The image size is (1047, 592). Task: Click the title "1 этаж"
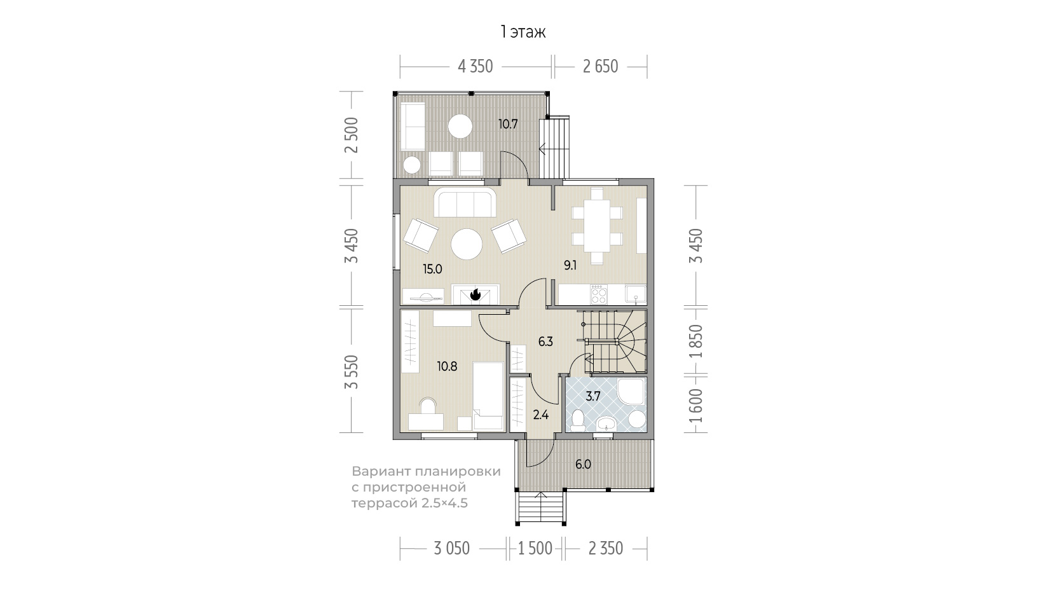pyautogui.click(x=523, y=32)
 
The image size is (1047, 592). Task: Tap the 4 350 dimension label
pyautogui.click(x=476, y=66)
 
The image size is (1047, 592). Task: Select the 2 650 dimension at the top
pyautogui.click(x=601, y=66)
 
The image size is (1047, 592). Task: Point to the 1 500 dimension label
pyautogui.click(x=535, y=548)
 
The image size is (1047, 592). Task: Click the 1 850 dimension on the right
pyautogui.click(x=696, y=341)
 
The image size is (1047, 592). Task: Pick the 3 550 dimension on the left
pyautogui.click(x=351, y=372)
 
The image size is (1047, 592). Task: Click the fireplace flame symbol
pyautogui.click(x=476, y=294)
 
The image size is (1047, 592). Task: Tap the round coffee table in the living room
pyautogui.click(x=467, y=244)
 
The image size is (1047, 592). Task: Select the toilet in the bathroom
pyautogui.click(x=578, y=420)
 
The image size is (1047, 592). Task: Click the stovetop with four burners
pyautogui.click(x=599, y=294)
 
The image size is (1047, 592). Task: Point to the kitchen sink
pyautogui.click(x=636, y=294)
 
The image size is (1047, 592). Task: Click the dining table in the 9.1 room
pyautogui.click(x=596, y=226)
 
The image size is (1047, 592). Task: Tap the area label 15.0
pyautogui.click(x=432, y=269)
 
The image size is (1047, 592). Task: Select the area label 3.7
pyautogui.click(x=593, y=397)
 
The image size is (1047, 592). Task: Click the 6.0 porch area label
pyautogui.click(x=584, y=464)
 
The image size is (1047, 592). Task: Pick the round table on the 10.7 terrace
pyautogui.click(x=460, y=127)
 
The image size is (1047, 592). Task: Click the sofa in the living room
pyautogui.click(x=465, y=202)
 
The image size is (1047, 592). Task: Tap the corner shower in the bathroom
pyautogui.click(x=631, y=391)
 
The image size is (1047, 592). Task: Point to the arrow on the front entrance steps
pyautogui.click(x=541, y=507)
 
